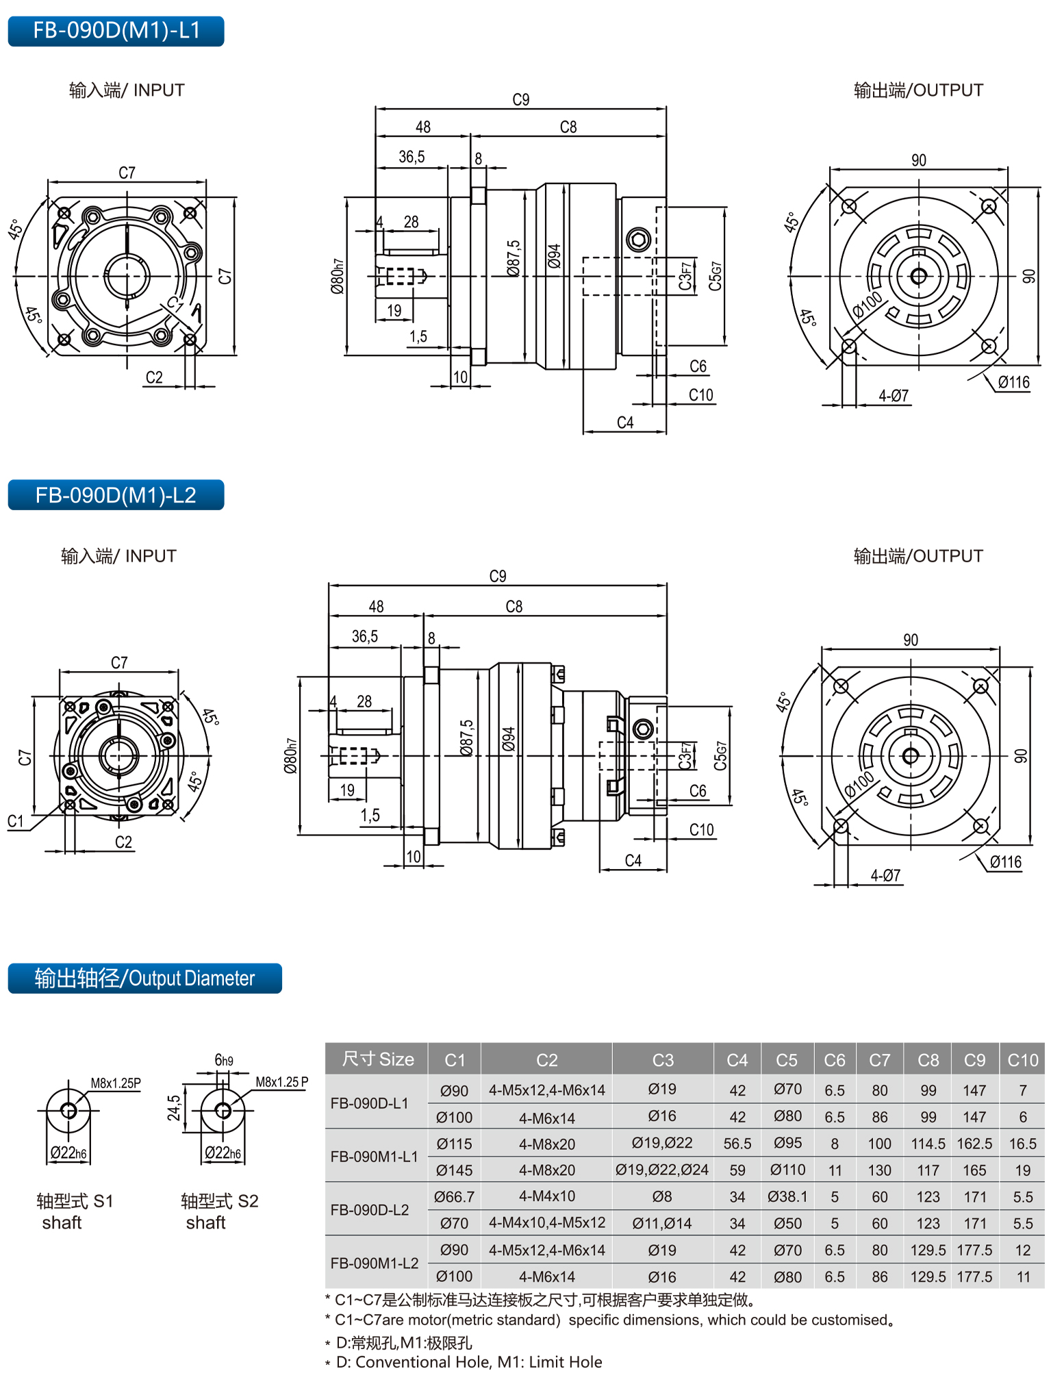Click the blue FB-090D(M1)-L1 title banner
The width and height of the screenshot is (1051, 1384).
tap(116, 32)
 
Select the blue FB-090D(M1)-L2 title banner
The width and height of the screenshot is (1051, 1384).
tap(116, 495)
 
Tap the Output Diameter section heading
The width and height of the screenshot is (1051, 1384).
tap(144, 979)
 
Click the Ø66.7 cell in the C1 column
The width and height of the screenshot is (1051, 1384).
tap(454, 1196)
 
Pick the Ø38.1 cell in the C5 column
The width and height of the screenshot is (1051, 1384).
tap(787, 1196)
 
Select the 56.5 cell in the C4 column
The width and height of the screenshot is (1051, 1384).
tap(737, 1144)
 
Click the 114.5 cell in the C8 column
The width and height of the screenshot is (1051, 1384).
tap(928, 1144)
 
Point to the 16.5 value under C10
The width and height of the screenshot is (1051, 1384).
tap(1022, 1144)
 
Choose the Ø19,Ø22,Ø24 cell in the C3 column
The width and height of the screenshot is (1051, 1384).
tap(662, 1170)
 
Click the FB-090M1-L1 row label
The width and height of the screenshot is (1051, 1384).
tap(374, 1157)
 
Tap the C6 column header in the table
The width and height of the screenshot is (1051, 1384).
tap(834, 1060)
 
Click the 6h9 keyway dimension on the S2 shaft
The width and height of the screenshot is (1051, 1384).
tap(223, 1060)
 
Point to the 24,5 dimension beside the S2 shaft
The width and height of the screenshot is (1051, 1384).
tap(175, 1107)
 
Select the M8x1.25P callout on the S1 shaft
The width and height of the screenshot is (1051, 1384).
tap(116, 1083)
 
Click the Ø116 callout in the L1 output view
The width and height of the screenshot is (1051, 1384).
tap(1013, 382)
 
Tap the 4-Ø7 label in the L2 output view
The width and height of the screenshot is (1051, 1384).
tap(885, 875)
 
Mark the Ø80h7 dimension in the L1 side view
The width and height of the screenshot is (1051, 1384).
tap(337, 277)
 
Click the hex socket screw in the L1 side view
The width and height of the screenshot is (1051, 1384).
tap(638, 240)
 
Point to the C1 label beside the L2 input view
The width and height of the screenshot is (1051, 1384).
tap(15, 821)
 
